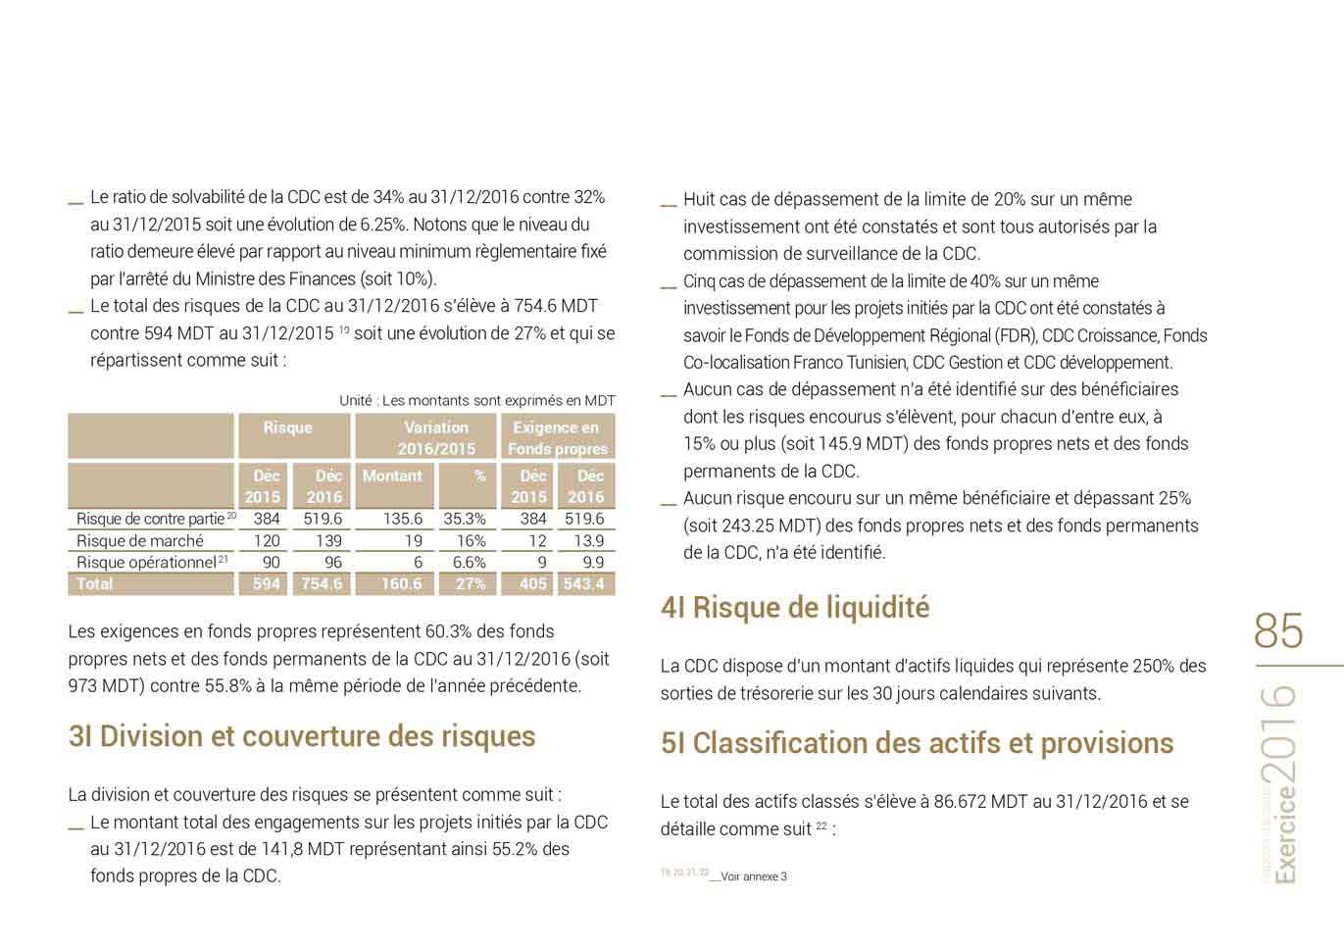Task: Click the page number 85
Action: [x=1278, y=631]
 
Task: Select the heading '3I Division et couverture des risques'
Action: [x=302, y=736]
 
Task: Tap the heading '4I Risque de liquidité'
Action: [x=795, y=608]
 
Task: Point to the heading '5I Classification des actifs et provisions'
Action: [x=917, y=743]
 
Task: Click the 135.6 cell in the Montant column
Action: [x=403, y=520]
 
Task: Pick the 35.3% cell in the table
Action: [x=465, y=520]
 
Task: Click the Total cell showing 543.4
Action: [x=585, y=584]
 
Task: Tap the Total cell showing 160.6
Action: [x=402, y=584]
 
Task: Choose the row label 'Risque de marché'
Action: [x=140, y=541]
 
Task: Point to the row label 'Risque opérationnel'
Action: [x=146, y=563]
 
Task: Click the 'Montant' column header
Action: [x=392, y=476]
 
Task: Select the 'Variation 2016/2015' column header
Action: [x=436, y=438]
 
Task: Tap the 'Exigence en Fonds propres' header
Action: [x=557, y=438]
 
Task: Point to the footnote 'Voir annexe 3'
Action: [x=753, y=876]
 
